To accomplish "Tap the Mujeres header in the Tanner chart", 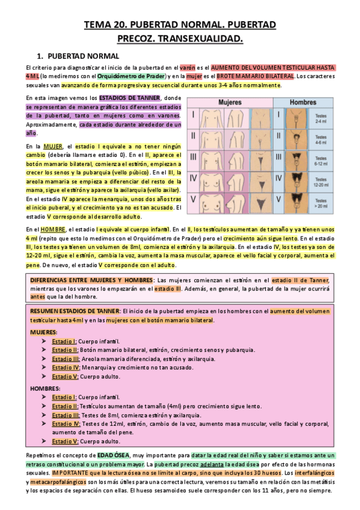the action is (x=234, y=102).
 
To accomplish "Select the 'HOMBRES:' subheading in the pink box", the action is (x=44, y=389).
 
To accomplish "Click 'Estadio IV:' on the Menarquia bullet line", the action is (x=65, y=367).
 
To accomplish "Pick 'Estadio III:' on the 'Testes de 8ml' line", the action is (x=65, y=415).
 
